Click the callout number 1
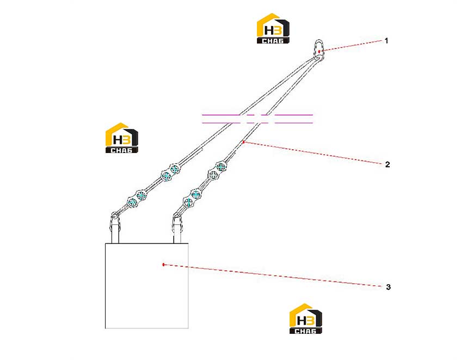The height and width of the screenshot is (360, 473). click(x=386, y=41)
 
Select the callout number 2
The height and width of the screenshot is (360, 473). click(x=388, y=164)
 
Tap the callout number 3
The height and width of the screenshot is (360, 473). click(x=388, y=287)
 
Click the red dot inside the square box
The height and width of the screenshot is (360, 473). click(x=163, y=265)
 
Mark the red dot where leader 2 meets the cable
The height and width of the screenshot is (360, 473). click(x=243, y=142)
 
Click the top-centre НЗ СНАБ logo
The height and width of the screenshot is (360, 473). click(x=273, y=28)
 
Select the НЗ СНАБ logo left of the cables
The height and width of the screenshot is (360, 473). click(x=121, y=138)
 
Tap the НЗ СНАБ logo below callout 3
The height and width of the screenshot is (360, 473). click(x=305, y=319)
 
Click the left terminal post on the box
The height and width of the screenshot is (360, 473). click(x=115, y=229)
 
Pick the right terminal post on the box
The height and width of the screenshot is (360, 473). click(x=177, y=229)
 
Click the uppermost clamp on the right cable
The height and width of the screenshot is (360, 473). click(x=221, y=167)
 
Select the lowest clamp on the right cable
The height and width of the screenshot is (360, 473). click(x=188, y=202)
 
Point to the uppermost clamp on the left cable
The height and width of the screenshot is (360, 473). click(x=175, y=169)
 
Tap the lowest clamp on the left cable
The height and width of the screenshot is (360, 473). click(x=132, y=202)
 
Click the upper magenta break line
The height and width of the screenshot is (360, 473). click(x=257, y=115)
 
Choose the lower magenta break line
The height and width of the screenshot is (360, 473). click(x=257, y=123)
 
